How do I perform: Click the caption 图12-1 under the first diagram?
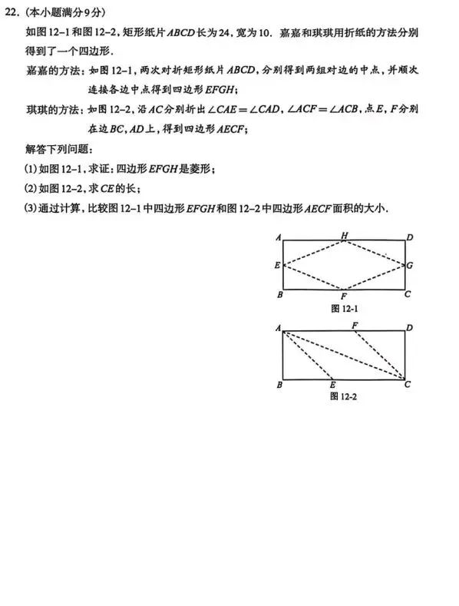tap(344, 308)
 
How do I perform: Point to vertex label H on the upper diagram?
tap(344, 235)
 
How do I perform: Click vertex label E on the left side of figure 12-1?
tap(277, 266)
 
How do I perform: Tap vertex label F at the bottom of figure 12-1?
tap(344, 296)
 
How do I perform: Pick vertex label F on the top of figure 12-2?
tap(355, 325)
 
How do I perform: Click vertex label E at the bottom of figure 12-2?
tap(332, 385)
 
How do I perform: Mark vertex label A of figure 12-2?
tap(278, 328)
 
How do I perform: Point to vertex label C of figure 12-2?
tap(408, 384)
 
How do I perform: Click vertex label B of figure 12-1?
tap(279, 294)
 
